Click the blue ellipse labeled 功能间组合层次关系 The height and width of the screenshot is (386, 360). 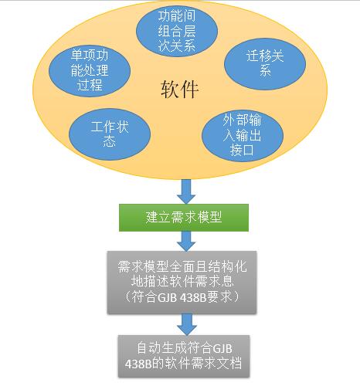point(177,31)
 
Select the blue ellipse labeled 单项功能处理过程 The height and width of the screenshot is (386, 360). point(90,70)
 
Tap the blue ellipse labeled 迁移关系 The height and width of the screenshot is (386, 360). point(265,64)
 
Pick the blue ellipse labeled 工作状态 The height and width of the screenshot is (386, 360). point(110,134)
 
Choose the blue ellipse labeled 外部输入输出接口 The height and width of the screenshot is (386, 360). point(243,136)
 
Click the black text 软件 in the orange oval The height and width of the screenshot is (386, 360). point(180,89)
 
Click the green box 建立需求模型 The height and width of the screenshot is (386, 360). point(184,218)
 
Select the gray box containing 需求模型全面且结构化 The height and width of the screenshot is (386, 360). point(182,283)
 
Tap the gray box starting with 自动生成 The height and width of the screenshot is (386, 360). point(184,356)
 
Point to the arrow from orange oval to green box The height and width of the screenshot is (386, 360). point(186,191)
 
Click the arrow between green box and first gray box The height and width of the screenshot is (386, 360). point(186,241)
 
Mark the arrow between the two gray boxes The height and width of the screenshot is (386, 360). point(187,324)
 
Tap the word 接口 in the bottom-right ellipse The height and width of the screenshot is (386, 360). point(242,150)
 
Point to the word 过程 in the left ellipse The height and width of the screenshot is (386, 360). point(90,85)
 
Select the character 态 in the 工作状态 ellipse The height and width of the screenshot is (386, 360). point(110,141)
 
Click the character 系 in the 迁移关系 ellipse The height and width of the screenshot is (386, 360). point(265,70)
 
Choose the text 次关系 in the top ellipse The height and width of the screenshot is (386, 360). point(177,46)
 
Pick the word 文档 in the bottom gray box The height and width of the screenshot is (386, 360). point(229,364)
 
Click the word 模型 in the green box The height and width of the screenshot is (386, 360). point(209,217)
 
